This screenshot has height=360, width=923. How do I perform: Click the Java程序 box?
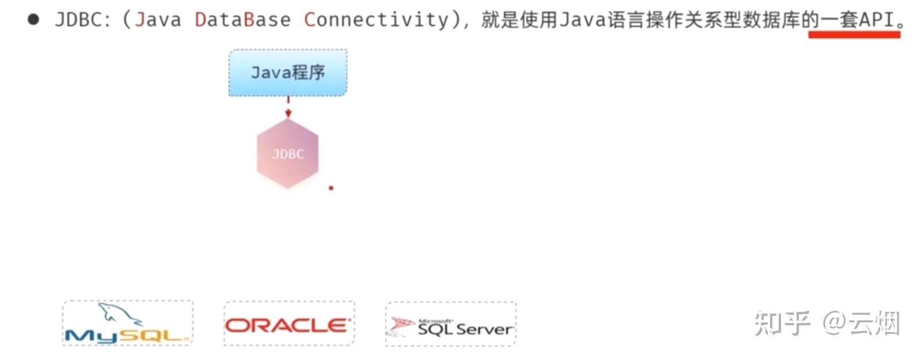(x=288, y=72)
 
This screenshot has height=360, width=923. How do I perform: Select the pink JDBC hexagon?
(x=287, y=154)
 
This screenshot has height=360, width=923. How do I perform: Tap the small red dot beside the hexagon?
(x=331, y=188)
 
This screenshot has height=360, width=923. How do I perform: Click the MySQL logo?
(x=127, y=323)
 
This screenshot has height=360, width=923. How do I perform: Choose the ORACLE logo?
(x=289, y=325)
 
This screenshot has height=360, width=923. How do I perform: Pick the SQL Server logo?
(x=451, y=325)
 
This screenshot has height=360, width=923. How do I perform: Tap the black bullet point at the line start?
(x=34, y=19)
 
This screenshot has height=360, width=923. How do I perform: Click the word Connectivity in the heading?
(x=376, y=20)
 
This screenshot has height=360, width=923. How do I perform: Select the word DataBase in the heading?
(x=242, y=20)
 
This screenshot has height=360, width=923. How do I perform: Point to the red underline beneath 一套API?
(x=854, y=35)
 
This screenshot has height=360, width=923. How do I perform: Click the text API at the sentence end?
(x=876, y=20)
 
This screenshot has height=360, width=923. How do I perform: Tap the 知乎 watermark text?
(x=782, y=323)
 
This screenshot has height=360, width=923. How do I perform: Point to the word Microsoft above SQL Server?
(x=435, y=321)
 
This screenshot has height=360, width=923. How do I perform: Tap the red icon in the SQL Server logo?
(x=400, y=326)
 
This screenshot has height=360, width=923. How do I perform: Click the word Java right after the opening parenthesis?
(x=158, y=20)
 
